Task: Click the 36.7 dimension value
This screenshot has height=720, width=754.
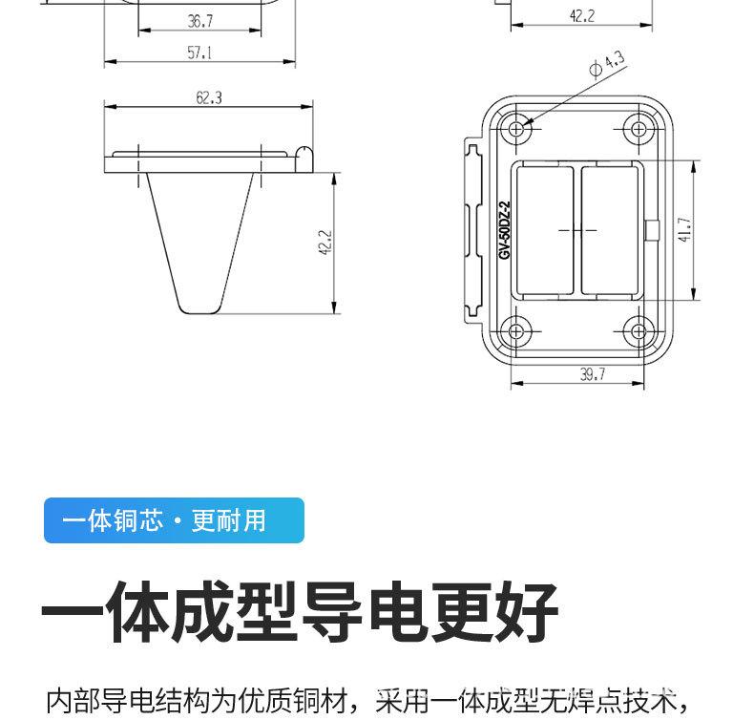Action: [x=199, y=20]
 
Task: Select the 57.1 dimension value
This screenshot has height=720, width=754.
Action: [x=199, y=53]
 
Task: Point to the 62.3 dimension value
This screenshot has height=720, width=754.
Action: [x=208, y=97]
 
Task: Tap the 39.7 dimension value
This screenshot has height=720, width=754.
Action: [x=592, y=374]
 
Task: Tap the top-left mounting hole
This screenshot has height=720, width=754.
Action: [x=517, y=128]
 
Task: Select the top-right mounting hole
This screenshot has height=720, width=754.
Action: [x=637, y=128]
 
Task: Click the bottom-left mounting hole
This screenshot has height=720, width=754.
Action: [x=517, y=331]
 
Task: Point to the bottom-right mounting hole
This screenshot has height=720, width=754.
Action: [x=637, y=331]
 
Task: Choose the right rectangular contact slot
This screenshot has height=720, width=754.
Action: [x=612, y=230]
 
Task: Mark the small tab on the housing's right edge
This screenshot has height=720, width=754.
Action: [x=652, y=230]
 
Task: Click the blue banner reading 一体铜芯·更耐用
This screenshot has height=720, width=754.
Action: [x=174, y=520]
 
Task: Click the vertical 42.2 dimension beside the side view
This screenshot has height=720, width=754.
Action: [x=324, y=243]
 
